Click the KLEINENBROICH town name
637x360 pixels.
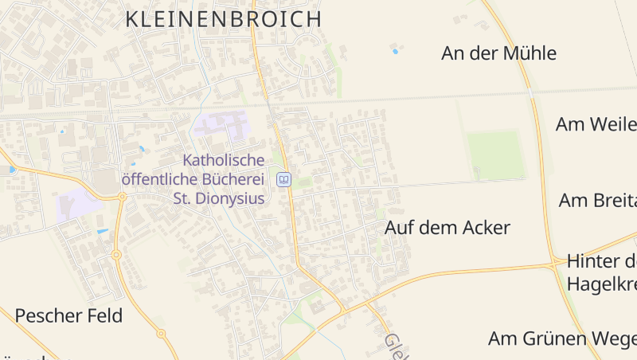tap(224, 19)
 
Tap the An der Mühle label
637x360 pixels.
tap(498, 54)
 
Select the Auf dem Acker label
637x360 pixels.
tap(447, 228)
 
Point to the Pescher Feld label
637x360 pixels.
tap(68, 316)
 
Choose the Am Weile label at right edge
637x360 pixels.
tap(596, 124)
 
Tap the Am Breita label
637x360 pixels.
tap(597, 200)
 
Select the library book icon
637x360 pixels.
tap(283, 180)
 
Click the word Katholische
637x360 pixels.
tap(223, 161)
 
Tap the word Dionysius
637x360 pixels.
tap(230, 198)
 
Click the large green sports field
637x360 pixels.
tap(495, 155)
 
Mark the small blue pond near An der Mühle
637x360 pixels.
tap(395, 52)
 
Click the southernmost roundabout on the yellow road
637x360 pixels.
tap(161, 333)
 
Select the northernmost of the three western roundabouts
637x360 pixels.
tap(122, 197)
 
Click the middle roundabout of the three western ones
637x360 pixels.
tap(116, 255)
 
